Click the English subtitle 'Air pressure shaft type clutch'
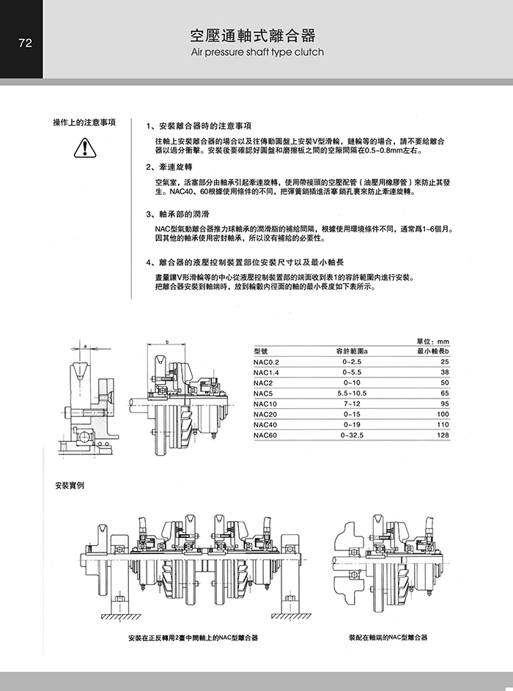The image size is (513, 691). (x=256, y=53)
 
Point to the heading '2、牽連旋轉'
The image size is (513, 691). (x=174, y=166)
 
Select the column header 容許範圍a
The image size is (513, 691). (x=352, y=352)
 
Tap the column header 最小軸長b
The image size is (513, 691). (x=432, y=352)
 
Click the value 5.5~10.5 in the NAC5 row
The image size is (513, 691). (x=352, y=393)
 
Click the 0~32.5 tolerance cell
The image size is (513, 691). (x=352, y=435)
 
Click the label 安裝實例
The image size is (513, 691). (x=70, y=486)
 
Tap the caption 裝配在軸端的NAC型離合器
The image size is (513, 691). (x=388, y=637)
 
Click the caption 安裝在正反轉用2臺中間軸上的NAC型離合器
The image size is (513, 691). (x=192, y=637)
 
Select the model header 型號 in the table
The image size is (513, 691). (x=260, y=352)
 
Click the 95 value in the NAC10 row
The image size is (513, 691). (x=443, y=404)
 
